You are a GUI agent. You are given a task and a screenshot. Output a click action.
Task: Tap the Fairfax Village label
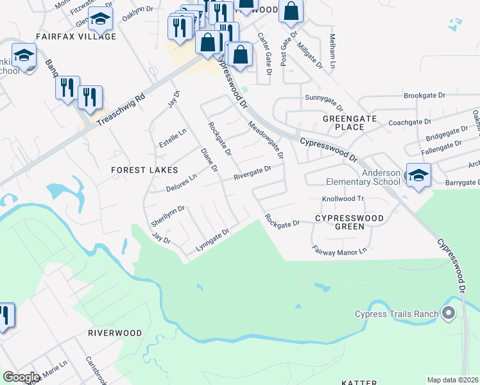point(76,37)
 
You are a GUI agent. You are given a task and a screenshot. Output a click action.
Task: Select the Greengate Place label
point(343,123)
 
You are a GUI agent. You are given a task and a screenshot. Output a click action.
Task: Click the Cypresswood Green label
point(349,222)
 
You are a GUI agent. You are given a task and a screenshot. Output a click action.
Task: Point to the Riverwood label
point(115,333)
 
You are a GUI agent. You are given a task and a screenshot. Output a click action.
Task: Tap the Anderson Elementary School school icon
point(418,175)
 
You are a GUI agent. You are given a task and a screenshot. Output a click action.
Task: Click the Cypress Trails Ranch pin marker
point(448,314)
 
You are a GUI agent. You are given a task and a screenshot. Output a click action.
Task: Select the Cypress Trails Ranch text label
point(397,314)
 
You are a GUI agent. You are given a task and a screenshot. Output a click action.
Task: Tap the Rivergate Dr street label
point(252,173)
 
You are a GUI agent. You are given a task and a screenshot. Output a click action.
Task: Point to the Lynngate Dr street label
point(212,239)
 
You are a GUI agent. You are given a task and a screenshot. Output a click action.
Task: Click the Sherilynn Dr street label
point(167,213)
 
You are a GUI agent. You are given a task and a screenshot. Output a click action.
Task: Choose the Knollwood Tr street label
point(342,199)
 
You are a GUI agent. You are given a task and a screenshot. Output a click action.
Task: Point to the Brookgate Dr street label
point(424,95)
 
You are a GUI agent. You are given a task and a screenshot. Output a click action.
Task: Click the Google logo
point(21,377)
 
